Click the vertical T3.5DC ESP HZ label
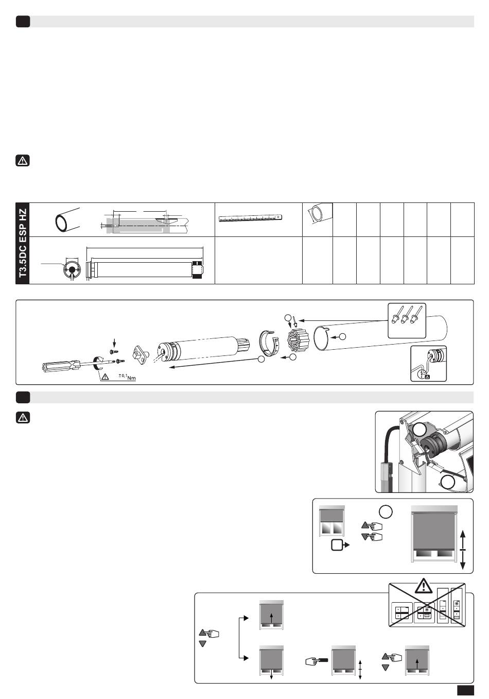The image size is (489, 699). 23,243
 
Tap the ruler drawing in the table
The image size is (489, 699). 252,218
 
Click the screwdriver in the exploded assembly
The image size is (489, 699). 67,366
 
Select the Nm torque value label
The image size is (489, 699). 127,378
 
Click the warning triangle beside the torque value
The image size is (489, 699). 106,377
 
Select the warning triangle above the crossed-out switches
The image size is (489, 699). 423,586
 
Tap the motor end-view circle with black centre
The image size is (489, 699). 72,269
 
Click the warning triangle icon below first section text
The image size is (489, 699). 23,161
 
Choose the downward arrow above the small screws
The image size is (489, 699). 115,340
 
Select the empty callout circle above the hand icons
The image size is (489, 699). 386,512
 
